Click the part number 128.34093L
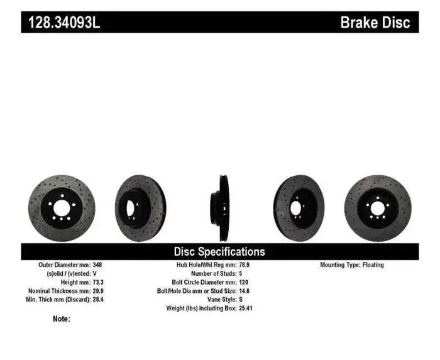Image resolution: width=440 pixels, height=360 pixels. click(63, 23)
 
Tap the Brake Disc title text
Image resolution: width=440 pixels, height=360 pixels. click(375, 23)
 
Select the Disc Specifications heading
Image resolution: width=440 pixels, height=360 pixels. click(219, 251)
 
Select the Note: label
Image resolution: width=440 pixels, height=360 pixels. click(62, 319)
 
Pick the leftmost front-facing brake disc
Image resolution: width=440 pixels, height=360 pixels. click(61, 207)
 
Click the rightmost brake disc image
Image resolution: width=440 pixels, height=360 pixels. click(378, 207)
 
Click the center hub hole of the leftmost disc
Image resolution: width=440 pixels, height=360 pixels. click(61, 208)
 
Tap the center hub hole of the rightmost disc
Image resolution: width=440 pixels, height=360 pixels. click(378, 208)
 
